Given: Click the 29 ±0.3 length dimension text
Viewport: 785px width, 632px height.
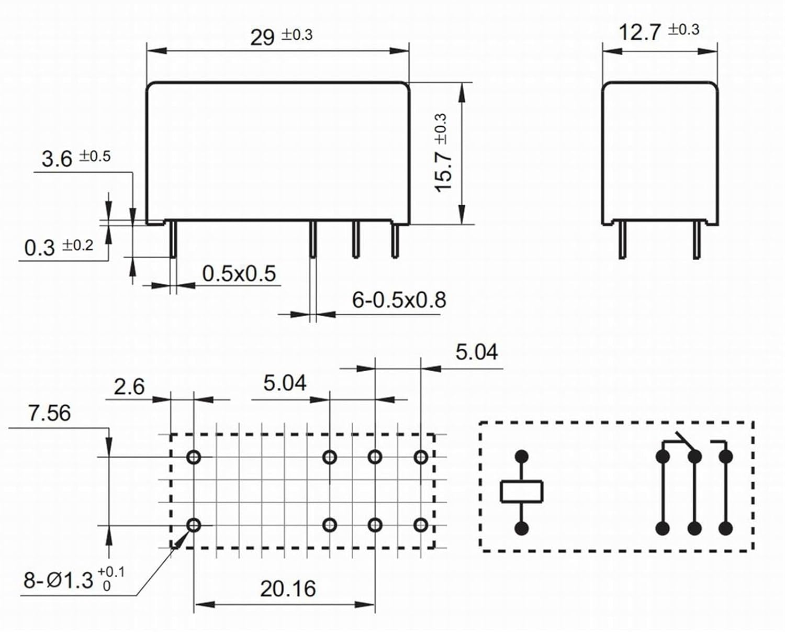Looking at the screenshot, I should point(281,37).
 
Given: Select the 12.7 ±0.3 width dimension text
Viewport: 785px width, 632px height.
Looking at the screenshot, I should point(658,31).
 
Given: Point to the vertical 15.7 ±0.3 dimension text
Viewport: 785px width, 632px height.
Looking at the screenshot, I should point(442,152).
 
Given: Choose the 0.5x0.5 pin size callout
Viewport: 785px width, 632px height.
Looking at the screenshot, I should point(239,274).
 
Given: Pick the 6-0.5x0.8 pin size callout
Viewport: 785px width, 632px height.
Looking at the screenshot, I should point(399,300).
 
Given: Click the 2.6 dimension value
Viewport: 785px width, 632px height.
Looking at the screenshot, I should point(129,387).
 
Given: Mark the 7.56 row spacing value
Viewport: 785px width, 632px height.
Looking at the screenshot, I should point(49,413).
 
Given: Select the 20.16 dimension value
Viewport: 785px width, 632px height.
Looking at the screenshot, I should point(288,589).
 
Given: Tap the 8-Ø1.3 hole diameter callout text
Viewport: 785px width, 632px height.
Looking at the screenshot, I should point(73,579).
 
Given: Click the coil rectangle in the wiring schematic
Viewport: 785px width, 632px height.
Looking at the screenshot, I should point(521,492).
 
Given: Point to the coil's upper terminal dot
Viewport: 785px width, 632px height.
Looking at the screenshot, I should point(521,457).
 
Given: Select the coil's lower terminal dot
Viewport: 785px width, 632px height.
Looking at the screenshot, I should point(521,528).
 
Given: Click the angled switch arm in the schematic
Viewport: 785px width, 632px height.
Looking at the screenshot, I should point(685,441).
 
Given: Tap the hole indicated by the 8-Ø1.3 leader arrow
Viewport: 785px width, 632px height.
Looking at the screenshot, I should point(194,525).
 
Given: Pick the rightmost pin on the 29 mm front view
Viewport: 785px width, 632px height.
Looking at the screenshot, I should point(395,240).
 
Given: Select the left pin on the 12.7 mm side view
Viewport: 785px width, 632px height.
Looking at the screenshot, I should point(622,240).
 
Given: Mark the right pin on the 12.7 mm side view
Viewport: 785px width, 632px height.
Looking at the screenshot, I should point(697,240).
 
